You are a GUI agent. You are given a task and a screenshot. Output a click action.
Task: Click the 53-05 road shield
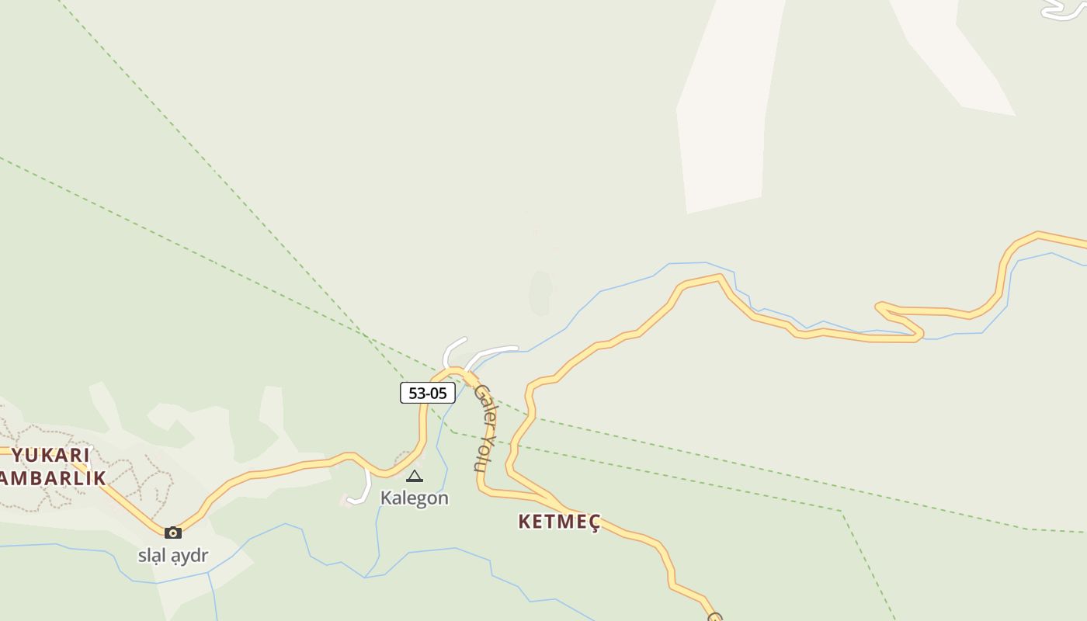coord(427,393)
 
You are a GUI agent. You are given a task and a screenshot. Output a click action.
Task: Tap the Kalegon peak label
coord(414,498)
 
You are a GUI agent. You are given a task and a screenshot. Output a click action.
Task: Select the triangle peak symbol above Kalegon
coord(415,476)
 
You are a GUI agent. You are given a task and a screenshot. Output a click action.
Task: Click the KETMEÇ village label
coord(559,522)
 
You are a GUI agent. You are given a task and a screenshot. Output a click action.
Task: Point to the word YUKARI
coord(51,455)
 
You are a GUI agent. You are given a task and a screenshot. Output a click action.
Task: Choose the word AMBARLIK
coord(53,477)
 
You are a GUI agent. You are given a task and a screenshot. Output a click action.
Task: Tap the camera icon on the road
coord(173,533)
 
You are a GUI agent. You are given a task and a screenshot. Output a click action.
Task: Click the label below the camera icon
coord(173,556)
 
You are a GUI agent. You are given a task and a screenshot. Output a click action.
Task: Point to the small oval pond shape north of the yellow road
coord(540,292)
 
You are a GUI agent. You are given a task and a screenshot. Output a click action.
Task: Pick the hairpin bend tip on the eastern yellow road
coord(879,307)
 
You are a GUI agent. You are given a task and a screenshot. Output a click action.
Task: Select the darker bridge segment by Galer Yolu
coord(471,378)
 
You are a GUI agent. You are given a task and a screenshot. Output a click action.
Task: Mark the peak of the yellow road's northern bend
coord(719,276)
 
